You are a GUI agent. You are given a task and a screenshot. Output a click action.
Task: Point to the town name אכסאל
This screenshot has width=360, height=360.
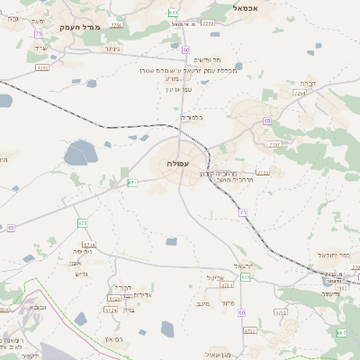click(x=246, y=7)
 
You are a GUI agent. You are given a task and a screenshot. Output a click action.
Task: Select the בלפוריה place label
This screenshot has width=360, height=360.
click(x=192, y=117)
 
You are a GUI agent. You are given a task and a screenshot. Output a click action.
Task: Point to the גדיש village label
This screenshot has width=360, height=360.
click(x=82, y=273)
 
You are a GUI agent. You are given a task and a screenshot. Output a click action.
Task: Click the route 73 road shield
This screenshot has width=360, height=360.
click(x=39, y=34)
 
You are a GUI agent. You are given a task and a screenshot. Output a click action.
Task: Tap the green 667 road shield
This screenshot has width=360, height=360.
click(x=341, y=334)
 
